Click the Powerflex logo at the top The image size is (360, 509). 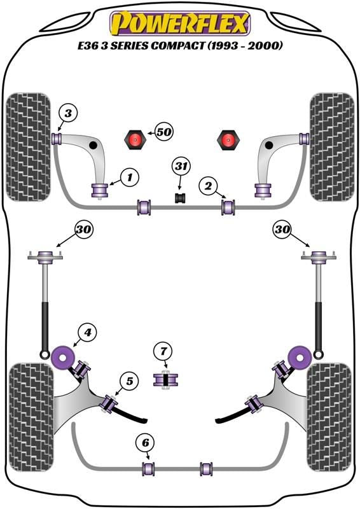(x=180, y=23)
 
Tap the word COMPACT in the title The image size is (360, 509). (x=177, y=45)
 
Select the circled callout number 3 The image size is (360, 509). (x=68, y=113)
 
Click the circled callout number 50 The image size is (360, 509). (x=164, y=132)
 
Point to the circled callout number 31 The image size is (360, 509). (x=181, y=167)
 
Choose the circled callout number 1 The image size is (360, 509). (x=130, y=178)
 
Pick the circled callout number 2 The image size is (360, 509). (x=208, y=186)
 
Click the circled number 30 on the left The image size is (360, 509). (x=84, y=230)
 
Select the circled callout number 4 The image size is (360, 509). (x=87, y=332)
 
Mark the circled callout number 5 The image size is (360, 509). (x=130, y=380)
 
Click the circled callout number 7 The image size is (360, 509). (x=163, y=351)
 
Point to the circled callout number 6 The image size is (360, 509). (x=145, y=442)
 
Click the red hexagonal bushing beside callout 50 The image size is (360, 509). (x=134, y=139)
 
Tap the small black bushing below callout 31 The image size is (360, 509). (x=181, y=198)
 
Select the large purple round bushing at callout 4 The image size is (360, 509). (x=63, y=358)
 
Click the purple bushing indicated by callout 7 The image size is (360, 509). (x=165, y=380)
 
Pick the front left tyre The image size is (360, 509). (x=29, y=147)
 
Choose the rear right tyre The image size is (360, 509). (x=329, y=417)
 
